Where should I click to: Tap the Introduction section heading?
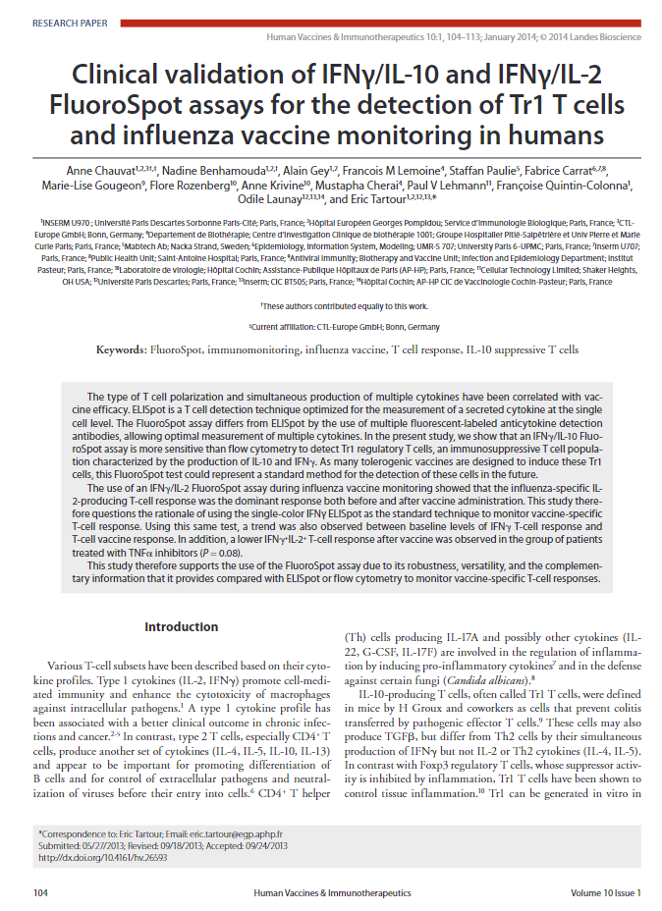pos(181,626)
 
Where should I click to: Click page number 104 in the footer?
pos(40,892)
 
